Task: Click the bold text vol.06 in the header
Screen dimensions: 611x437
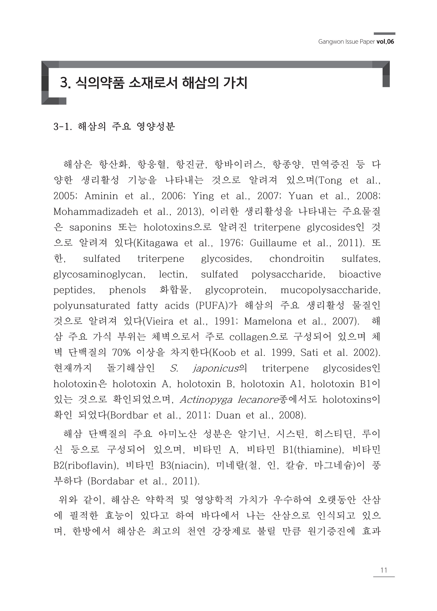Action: pos(385,42)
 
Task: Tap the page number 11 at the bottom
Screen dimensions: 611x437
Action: pos(384,570)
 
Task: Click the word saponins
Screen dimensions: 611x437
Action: pos(90,228)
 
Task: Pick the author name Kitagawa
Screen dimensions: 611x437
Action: pos(157,243)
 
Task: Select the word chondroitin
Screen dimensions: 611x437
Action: pos(297,259)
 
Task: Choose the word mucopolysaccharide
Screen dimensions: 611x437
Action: pos(330,290)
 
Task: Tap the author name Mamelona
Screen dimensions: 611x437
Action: pos(268,321)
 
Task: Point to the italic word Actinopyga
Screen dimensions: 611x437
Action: pos(206,400)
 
